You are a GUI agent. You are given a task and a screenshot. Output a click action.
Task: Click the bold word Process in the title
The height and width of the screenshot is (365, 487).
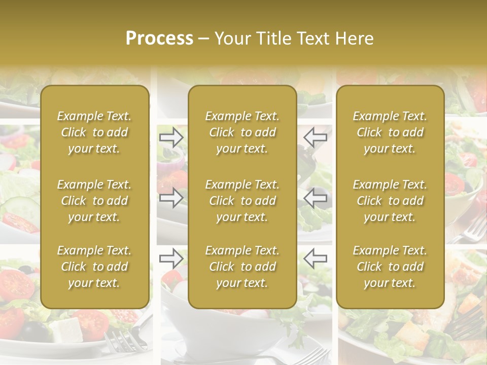point(159,39)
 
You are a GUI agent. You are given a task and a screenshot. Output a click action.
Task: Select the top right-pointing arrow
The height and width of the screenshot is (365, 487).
point(171,137)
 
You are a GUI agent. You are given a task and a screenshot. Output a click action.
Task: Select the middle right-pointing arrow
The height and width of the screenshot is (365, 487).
point(171,197)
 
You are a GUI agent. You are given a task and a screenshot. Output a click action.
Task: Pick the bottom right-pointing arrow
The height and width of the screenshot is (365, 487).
point(171,259)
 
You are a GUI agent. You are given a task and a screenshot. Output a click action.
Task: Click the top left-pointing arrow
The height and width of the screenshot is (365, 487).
point(315,137)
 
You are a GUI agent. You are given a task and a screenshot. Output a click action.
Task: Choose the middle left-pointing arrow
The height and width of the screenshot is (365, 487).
point(315,197)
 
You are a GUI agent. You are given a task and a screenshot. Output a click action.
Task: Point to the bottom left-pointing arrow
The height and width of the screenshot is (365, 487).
point(315,259)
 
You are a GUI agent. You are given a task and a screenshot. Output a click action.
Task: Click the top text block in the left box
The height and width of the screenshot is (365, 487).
point(94,132)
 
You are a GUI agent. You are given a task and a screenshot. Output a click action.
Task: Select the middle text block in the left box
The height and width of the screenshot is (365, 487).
point(94,201)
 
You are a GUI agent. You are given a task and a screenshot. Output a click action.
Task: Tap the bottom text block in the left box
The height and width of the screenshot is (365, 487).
point(94,267)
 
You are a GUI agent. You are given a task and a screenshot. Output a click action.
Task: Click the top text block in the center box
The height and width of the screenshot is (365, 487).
point(242,132)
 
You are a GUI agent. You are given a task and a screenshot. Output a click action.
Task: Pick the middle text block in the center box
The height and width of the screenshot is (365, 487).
point(242,201)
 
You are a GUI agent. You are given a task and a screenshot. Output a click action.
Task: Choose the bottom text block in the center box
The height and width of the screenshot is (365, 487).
point(242,267)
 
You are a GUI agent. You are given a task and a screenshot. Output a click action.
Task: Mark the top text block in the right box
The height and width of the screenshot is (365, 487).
point(390,132)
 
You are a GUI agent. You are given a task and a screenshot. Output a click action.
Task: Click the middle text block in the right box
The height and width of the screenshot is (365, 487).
point(390,201)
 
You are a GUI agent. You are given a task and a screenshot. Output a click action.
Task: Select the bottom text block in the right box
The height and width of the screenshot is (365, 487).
point(390,267)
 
